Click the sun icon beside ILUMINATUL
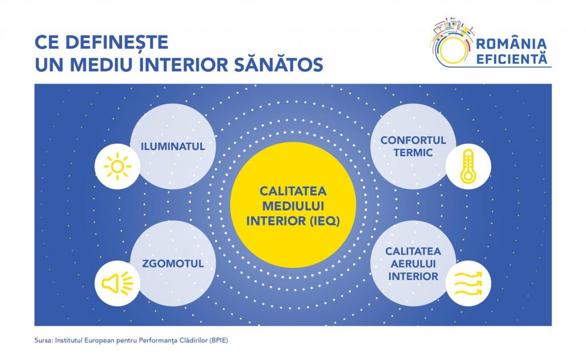tap(117, 167)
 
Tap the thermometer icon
tap(468, 167)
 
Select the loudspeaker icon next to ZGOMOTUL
tap(117, 283)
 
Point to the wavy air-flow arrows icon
tap(468, 283)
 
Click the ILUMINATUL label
tap(173, 147)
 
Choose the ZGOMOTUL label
tap(173, 263)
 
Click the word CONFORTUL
tap(413, 140)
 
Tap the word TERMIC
tap(413, 152)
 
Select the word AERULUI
tap(413, 264)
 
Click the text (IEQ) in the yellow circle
tap(325, 221)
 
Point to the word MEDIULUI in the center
tap(293, 206)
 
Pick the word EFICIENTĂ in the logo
tap(512, 59)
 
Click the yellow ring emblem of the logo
tap(453, 50)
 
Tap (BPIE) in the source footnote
tap(219, 341)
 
